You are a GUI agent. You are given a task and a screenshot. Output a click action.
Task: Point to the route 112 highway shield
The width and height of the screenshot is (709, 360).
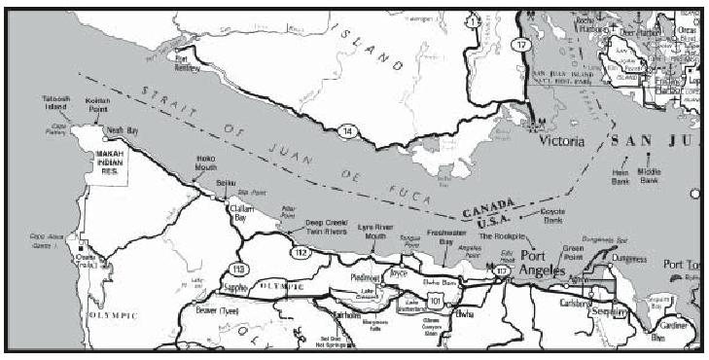pyautogui.click(x=301, y=255)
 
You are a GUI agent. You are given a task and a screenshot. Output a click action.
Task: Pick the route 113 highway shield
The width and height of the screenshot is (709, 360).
pyautogui.click(x=237, y=268)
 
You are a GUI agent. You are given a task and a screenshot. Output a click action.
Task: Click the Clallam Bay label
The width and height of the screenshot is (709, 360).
pyautogui.click(x=241, y=213)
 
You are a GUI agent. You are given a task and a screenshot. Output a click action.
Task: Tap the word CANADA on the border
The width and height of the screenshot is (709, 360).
pyautogui.click(x=484, y=209)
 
